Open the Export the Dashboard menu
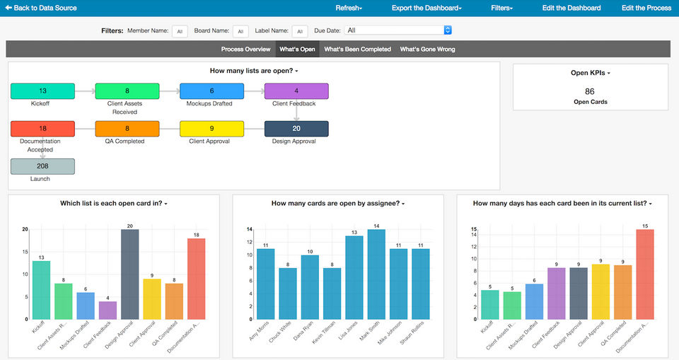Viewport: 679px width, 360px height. coord(426,8)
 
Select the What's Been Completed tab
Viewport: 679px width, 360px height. coord(357,50)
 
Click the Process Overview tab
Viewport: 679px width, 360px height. coord(245,50)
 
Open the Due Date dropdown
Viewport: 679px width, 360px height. coord(398,30)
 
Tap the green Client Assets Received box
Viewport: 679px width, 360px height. coord(127,91)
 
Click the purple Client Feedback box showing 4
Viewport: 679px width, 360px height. coord(296,91)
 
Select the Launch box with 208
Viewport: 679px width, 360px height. coord(42,166)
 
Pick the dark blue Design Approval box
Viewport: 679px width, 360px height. coord(296,129)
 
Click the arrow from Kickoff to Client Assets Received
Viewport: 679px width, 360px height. coord(85,91)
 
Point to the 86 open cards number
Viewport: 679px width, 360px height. coord(590,91)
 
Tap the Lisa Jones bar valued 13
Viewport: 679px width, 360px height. coord(354,277)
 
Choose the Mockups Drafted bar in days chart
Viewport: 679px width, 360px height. coord(535,301)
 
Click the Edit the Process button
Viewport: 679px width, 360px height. coord(646,8)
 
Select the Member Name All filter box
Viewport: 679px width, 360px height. coord(180,31)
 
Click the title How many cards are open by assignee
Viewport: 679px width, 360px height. coord(337,204)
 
